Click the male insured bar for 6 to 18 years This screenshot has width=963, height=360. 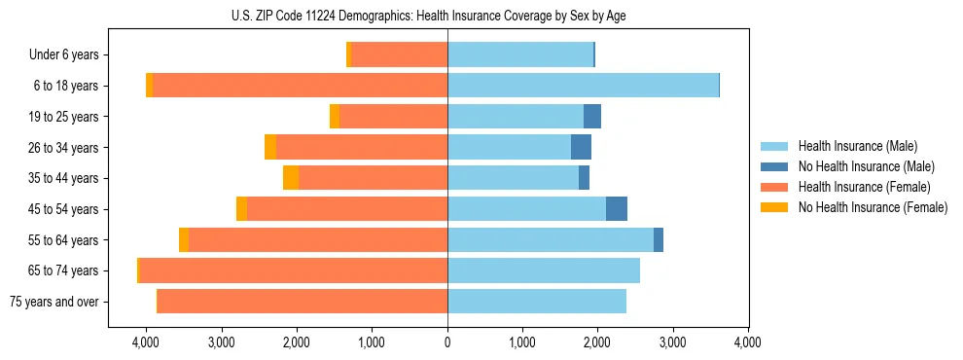click(583, 86)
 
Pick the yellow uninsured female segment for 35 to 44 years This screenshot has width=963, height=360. click(291, 178)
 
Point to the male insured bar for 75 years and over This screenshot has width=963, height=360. click(537, 302)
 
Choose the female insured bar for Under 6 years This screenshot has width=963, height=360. click(400, 54)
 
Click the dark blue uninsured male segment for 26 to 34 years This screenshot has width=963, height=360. click(581, 147)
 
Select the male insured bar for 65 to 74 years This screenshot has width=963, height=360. click(544, 270)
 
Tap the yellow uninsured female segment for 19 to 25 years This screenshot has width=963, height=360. click(335, 117)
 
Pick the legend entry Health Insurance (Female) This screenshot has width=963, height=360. click(864, 187)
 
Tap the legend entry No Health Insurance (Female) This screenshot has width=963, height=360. click(872, 207)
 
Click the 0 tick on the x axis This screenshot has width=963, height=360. click(447, 342)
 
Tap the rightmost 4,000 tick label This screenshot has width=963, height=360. click(747, 342)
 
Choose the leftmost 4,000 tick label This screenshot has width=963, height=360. click(146, 342)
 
